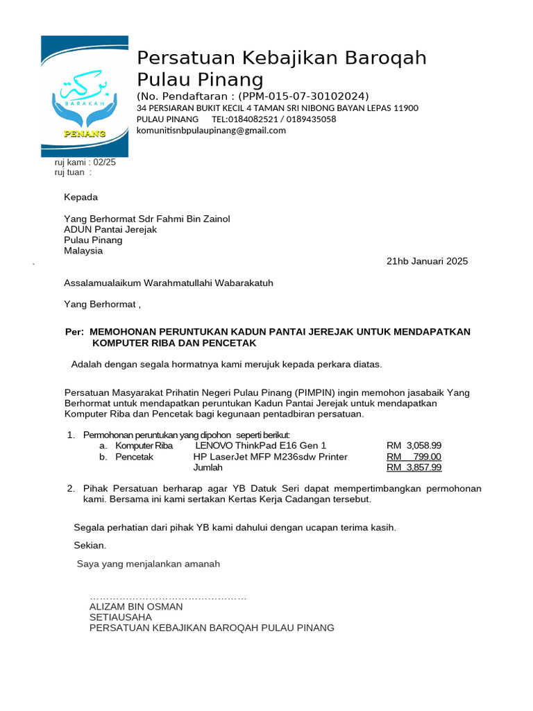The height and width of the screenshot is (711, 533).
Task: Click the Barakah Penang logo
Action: click(84, 96)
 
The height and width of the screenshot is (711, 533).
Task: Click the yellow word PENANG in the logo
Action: click(84, 133)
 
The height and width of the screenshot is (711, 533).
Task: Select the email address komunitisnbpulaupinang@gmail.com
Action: click(211, 130)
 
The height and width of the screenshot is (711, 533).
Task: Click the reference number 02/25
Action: click(104, 162)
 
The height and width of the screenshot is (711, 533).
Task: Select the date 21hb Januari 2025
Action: click(426, 262)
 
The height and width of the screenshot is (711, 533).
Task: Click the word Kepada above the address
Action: click(81, 197)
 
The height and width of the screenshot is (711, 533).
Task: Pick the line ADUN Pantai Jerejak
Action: click(110, 229)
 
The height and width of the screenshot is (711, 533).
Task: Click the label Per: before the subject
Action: click(74, 332)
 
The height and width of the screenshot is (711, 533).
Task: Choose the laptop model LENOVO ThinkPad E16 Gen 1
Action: click(260, 445)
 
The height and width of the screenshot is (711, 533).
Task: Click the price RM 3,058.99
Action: click(414, 445)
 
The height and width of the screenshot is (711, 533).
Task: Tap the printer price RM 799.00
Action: click(414, 457)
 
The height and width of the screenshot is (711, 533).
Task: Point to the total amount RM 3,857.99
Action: click(414, 467)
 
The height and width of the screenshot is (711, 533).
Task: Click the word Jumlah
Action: click(209, 468)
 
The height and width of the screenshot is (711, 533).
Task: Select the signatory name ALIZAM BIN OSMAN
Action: click(136, 606)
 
